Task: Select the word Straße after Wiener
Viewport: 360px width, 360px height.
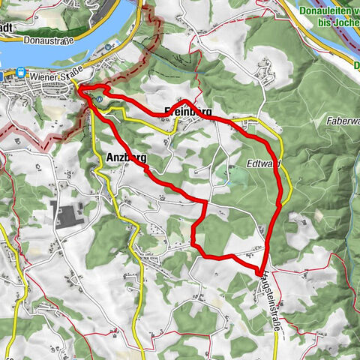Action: coord(67,74)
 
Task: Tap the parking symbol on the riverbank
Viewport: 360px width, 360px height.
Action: coord(109,46)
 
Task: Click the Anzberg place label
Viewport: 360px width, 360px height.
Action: coord(121,157)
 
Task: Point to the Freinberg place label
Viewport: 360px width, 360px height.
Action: coord(182,111)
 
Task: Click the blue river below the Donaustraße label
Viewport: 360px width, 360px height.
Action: coord(45,56)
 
